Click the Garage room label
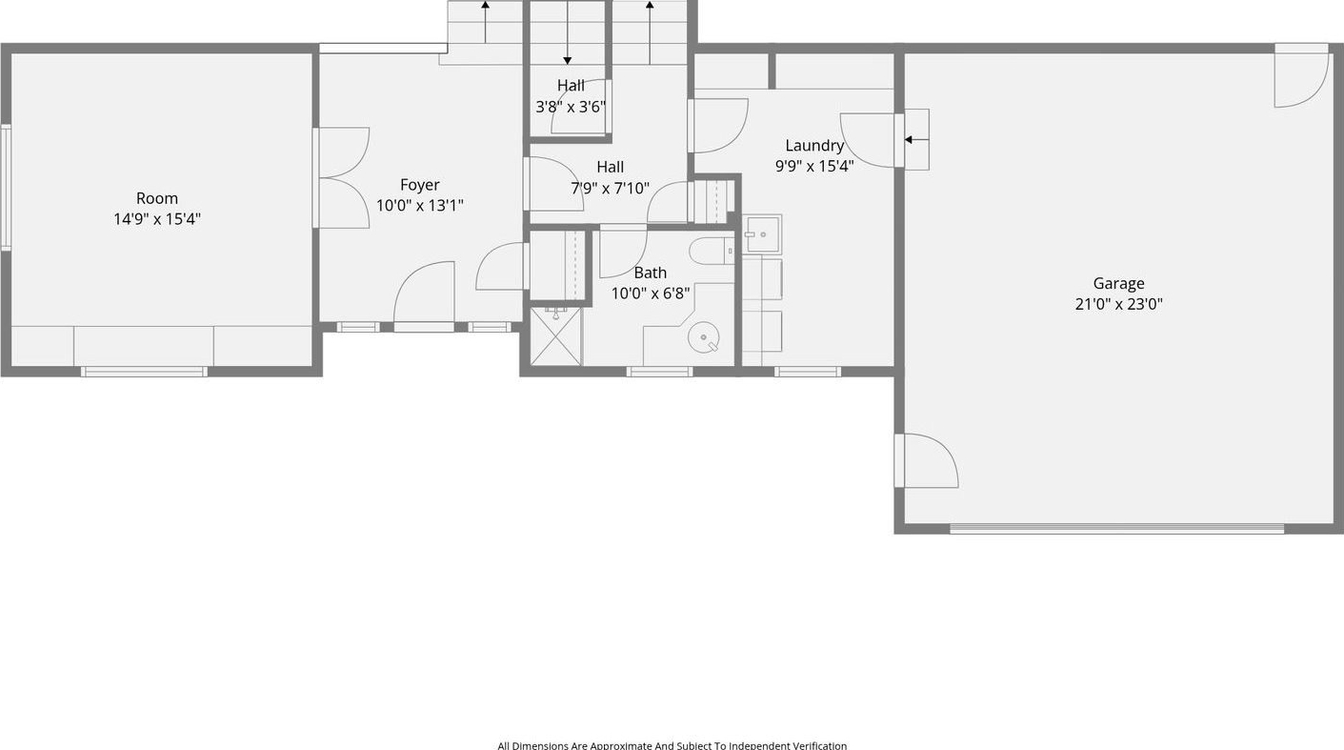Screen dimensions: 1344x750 coord(1118,283)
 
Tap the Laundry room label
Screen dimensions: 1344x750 coord(814,146)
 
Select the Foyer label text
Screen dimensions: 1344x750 coord(419,185)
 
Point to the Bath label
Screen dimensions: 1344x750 coord(651,273)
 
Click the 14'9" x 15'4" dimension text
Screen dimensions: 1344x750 coord(157,218)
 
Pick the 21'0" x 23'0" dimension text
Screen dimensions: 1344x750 coord(1118,304)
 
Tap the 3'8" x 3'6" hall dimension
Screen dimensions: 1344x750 coord(571,107)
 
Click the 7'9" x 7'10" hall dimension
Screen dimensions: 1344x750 coord(610,189)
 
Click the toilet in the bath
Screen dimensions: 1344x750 coord(712,251)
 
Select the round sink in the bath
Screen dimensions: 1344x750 coord(703,338)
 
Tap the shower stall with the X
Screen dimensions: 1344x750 coord(556,335)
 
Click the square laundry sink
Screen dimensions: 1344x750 coord(762,233)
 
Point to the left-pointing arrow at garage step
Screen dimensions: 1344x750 coord(917,140)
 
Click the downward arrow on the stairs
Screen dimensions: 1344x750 coord(567,32)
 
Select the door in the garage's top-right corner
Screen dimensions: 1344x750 coord(1301,76)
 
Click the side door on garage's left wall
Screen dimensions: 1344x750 coord(927,460)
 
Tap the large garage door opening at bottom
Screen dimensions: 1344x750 coord(1116,528)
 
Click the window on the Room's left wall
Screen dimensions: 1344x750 coord(6,187)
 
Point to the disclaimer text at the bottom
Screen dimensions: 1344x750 coord(672,745)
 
